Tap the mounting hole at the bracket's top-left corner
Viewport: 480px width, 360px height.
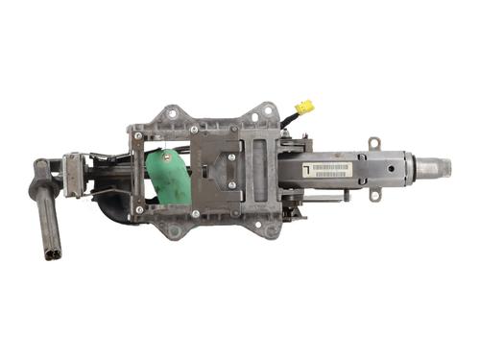tap(173, 112)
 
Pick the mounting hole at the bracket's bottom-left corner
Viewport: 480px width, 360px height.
tap(174, 228)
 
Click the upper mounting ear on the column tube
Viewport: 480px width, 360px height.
tap(374, 144)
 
